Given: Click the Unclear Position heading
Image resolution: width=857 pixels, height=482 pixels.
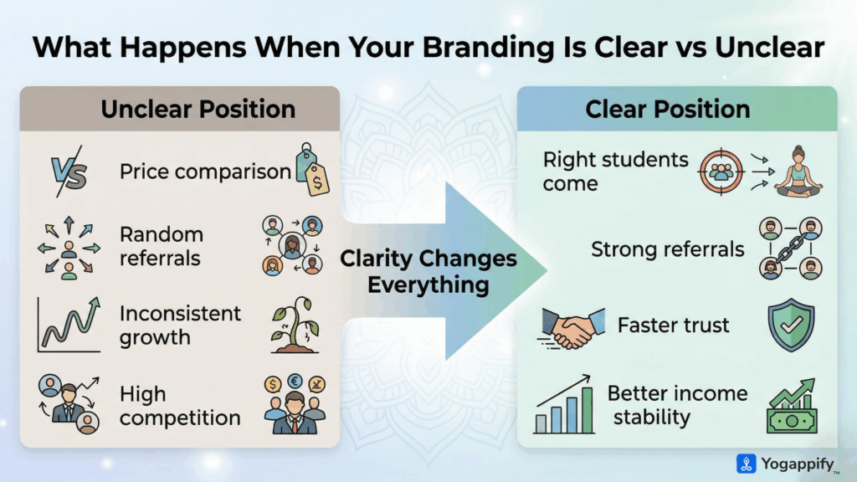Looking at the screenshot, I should [x=198, y=110].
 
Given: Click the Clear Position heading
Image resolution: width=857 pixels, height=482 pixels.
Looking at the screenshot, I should [x=667, y=110].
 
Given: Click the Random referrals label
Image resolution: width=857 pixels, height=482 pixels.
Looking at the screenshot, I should [x=162, y=246].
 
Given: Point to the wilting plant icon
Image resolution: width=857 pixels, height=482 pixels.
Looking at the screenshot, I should [x=295, y=326].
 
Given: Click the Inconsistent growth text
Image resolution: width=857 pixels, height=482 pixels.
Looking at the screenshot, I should [x=180, y=326].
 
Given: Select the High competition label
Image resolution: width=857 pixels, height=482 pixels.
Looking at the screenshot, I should [x=180, y=405].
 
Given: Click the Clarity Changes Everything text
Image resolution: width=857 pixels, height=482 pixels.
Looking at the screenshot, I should [x=428, y=271].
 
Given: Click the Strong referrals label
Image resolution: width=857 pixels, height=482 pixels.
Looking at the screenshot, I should [x=667, y=249].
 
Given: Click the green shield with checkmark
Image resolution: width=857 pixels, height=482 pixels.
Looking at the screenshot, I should [x=790, y=325].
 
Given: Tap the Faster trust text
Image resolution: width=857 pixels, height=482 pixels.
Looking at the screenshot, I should [x=672, y=325].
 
